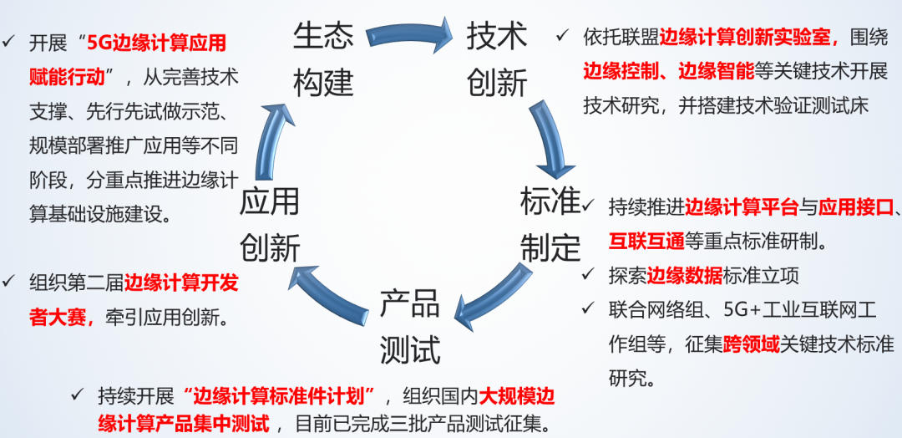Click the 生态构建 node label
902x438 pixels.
[323, 59]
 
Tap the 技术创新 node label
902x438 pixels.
[497, 59]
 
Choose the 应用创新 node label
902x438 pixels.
[270, 224]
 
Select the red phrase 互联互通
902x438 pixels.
[646, 242]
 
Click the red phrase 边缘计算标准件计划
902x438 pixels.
[284, 395]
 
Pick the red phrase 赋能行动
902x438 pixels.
[67, 77]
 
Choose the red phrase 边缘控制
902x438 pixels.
[621, 70]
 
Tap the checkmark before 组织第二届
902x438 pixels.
[10, 282]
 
